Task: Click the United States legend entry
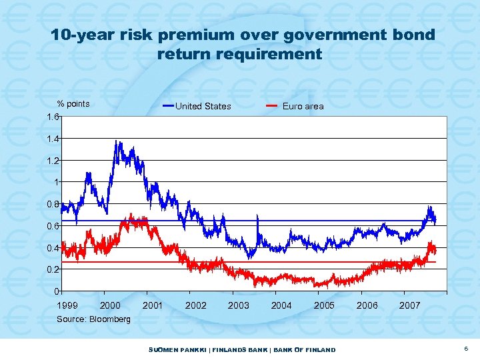coord(203,106)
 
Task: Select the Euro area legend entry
coord(303,106)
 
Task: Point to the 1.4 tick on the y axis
coord(52,139)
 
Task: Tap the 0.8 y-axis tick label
coord(52,204)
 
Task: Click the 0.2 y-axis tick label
coord(52,269)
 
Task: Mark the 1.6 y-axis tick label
coord(52,117)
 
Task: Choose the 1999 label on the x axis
coord(67,305)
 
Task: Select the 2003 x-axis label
coord(239,305)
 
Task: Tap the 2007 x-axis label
coord(409,305)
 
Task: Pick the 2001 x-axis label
coord(153,305)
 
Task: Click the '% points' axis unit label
coord(73,103)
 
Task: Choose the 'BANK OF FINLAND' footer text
coord(305,350)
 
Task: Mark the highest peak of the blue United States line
coord(117,141)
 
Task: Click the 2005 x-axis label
coord(324,305)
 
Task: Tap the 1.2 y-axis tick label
coord(52,161)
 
